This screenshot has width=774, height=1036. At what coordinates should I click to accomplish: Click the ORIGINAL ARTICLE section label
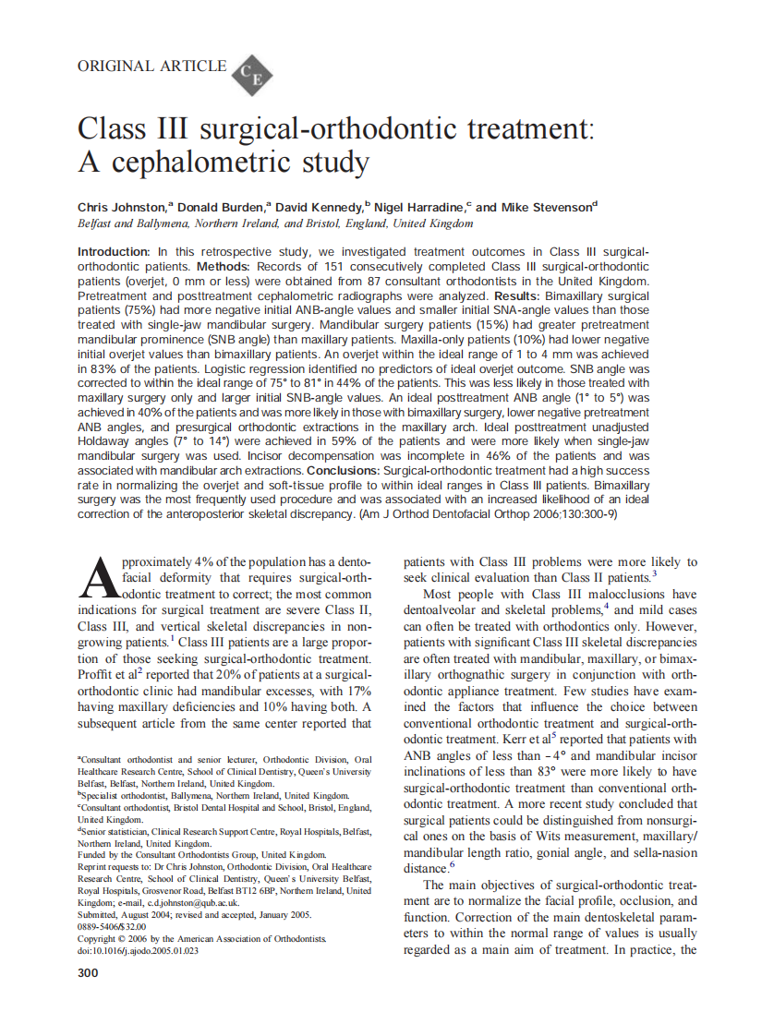151,66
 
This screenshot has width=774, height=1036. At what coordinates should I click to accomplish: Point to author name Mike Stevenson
547,208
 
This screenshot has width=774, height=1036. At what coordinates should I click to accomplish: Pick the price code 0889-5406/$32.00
115,926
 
